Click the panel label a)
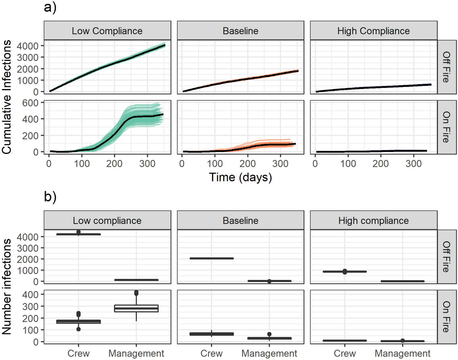50,7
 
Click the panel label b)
50,197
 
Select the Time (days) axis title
240,177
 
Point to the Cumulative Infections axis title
7,97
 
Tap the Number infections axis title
7,286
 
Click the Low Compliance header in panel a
107,31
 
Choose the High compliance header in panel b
373,221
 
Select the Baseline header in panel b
240,221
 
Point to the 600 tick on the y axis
30,103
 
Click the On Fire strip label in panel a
446,127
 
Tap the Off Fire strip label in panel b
446,257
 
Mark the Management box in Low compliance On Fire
136,308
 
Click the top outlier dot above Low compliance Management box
136,293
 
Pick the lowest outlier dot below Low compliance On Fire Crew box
79,329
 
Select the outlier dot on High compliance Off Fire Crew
345,271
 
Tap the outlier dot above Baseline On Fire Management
269,334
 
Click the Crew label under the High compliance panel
345,354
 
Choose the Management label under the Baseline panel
269,354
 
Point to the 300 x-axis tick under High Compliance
413,164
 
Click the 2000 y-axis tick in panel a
27,69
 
